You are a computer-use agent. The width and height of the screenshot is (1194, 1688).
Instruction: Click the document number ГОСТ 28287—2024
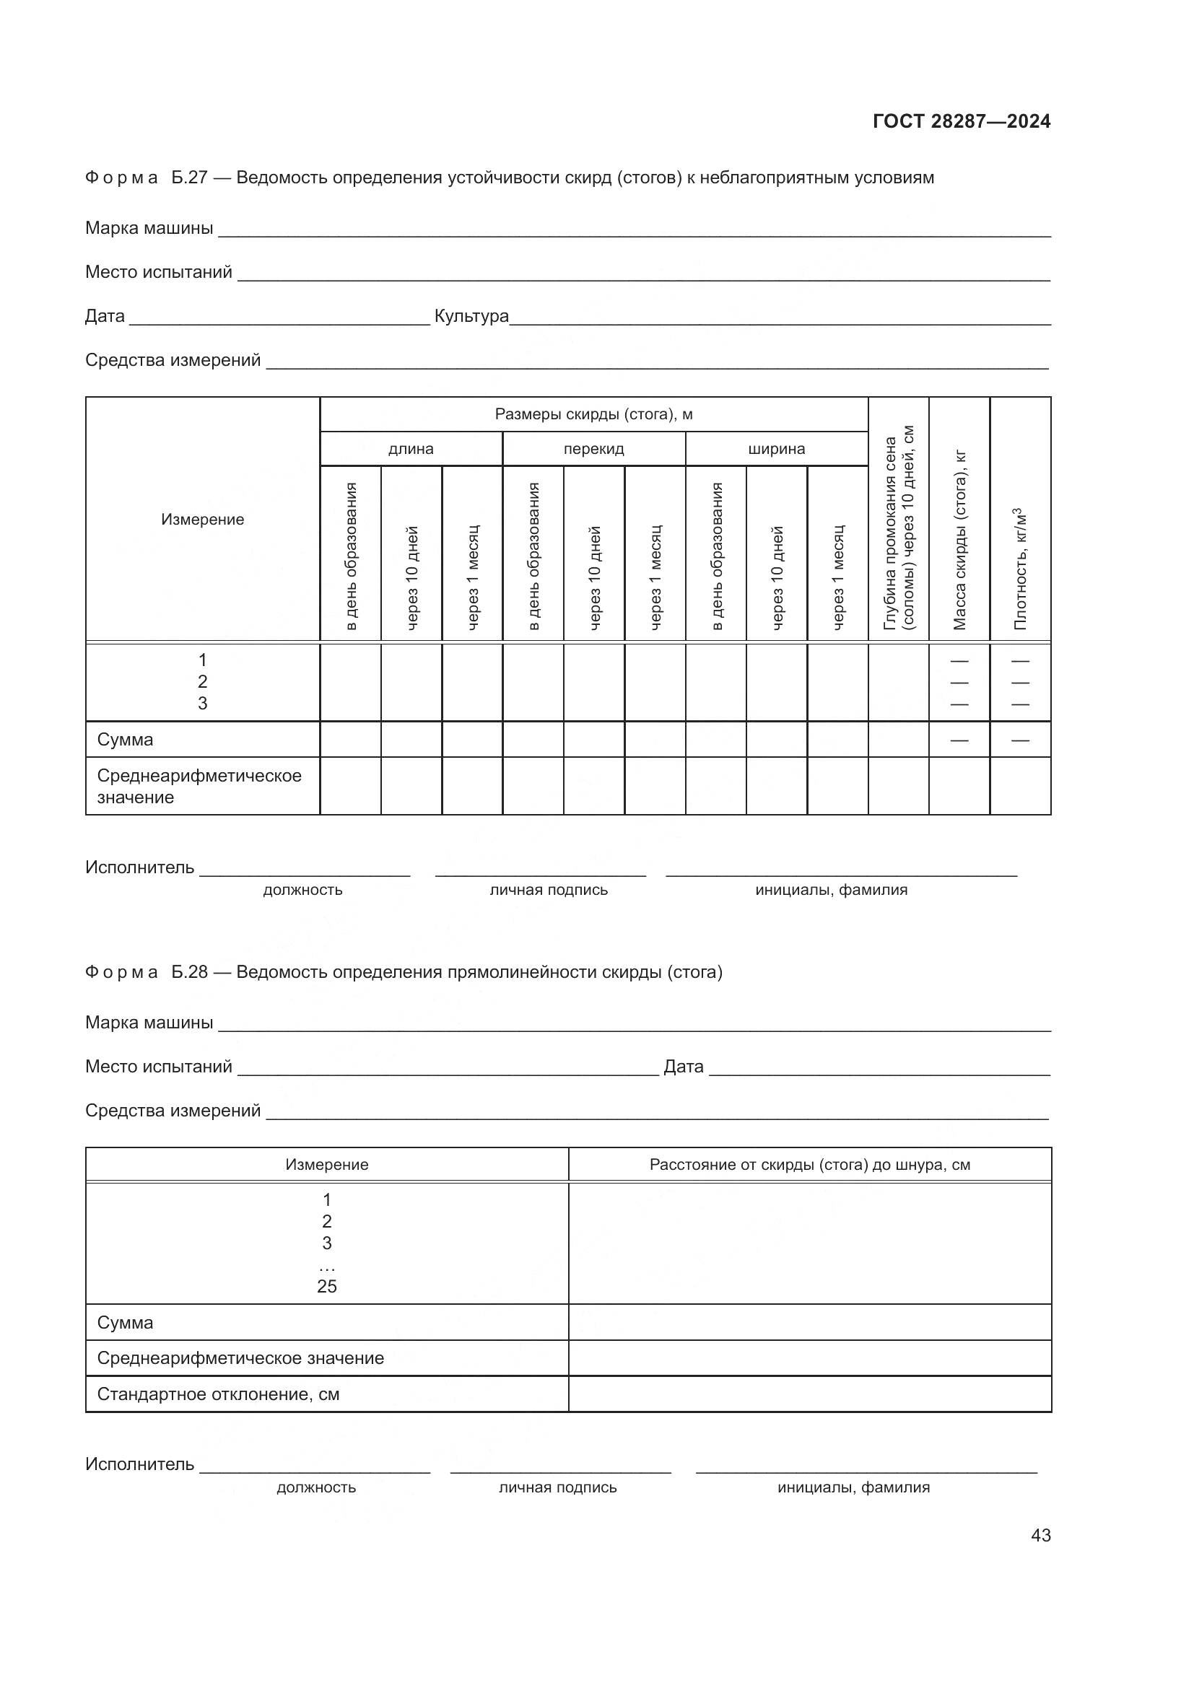coord(961,121)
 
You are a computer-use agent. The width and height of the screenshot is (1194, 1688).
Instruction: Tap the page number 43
coord(1040,1535)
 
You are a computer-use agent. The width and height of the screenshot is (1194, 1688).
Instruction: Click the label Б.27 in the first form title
coord(190,178)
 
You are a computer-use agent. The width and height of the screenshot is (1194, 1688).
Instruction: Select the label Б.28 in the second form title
coord(190,972)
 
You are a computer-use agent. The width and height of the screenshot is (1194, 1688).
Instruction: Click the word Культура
coord(471,316)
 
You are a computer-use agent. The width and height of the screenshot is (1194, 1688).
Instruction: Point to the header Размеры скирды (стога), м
coord(593,414)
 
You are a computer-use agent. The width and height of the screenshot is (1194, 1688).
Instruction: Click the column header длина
coord(411,448)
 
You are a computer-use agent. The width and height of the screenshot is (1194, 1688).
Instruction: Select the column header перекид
coord(593,448)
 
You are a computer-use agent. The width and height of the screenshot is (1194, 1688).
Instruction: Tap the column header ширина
coord(777,448)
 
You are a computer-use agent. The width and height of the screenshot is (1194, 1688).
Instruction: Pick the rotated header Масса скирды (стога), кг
coord(959,541)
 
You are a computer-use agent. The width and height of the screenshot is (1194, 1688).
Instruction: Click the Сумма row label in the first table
coord(125,740)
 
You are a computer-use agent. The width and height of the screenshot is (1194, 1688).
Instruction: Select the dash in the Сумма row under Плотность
coord(1020,740)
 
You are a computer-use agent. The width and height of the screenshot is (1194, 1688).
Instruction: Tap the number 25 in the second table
coord(326,1286)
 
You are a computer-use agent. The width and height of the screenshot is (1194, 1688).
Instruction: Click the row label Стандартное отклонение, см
coord(218,1394)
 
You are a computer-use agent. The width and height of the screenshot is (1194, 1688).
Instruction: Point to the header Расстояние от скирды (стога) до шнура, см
coord(809,1165)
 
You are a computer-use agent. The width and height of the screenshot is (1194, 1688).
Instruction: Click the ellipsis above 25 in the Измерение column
coord(326,1266)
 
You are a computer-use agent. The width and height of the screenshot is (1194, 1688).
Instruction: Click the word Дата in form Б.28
coord(683,1066)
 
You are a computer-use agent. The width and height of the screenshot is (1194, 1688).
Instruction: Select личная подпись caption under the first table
coord(549,890)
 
